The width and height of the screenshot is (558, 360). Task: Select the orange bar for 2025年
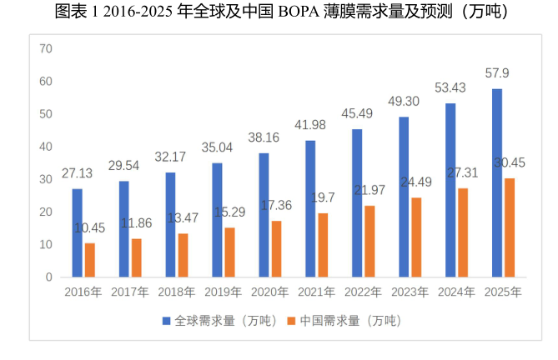510,227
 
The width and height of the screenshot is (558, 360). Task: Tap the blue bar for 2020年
264,214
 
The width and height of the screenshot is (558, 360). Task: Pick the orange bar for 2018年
183,254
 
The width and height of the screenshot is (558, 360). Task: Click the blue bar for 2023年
404,197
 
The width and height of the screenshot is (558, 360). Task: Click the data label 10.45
90,227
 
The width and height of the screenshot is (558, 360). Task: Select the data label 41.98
309,125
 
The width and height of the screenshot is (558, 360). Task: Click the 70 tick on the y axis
46,49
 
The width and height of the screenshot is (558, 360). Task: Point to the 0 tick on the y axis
49,277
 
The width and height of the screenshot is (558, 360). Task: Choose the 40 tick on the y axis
46,147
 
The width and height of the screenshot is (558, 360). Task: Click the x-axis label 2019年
223,292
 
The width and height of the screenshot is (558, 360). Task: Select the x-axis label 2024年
456,292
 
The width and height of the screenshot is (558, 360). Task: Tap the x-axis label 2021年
316,292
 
